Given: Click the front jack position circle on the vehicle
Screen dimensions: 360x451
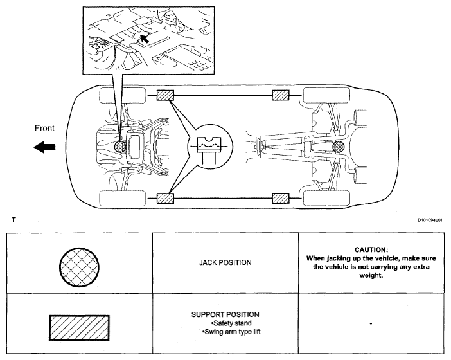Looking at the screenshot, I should click(x=119, y=148).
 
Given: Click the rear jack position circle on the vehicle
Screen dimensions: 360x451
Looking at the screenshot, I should click(x=339, y=148).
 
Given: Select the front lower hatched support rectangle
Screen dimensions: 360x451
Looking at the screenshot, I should click(x=165, y=198).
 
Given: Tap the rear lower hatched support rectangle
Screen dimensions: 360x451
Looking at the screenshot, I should click(x=281, y=198).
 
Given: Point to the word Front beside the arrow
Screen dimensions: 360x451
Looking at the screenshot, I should click(x=46, y=127).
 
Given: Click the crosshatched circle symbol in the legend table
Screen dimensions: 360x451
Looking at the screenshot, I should click(x=77, y=263).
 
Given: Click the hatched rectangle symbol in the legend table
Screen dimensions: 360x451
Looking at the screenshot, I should click(x=78, y=327).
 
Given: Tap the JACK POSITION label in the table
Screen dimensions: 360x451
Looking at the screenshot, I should click(x=225, y=263).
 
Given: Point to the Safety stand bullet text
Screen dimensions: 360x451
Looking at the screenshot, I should click(x=227, y=323).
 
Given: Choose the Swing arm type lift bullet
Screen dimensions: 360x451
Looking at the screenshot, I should click(x=227, y=332).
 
